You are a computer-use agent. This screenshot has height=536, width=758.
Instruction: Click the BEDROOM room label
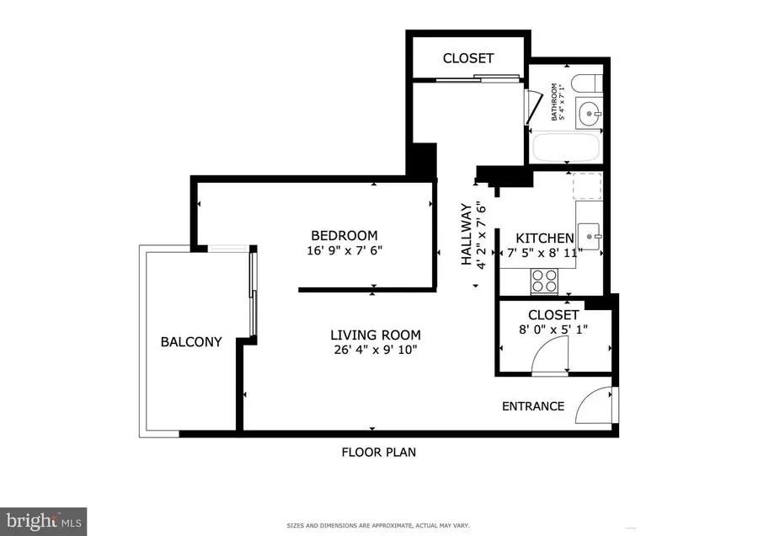tap(344, 236)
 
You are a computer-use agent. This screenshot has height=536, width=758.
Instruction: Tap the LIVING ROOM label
tap(375, 335)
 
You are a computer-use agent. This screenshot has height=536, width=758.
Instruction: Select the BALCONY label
tap(191, 342)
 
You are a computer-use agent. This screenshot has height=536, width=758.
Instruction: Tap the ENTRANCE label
tap(533, 406)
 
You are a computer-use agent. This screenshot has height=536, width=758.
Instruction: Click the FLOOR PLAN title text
tap(378, 452)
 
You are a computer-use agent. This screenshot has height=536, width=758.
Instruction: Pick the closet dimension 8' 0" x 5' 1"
tap(552, 330)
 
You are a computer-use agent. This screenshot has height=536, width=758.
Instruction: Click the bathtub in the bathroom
tap(566, 148)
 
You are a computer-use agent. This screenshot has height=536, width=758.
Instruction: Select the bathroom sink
tap(589, 110)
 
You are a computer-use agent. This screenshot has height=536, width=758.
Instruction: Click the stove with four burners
tap(544, 280)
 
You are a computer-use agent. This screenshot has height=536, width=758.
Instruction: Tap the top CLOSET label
tap(468, 58)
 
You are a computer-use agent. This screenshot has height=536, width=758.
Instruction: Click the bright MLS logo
tap(44, 522)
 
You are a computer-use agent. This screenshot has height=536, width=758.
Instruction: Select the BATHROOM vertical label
tap(555, 101)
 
